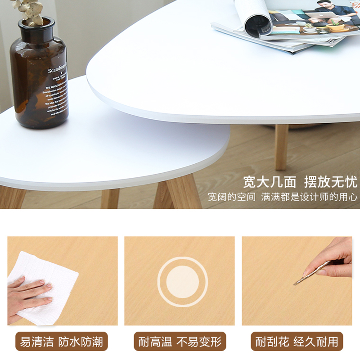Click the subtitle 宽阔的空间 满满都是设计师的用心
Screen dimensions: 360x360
283,197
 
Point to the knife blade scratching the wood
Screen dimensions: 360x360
300,280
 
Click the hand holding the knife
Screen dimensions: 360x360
331,259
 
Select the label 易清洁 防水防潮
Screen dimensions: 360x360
62,342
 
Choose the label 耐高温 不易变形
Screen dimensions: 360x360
180,342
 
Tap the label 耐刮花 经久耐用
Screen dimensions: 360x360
297,342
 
